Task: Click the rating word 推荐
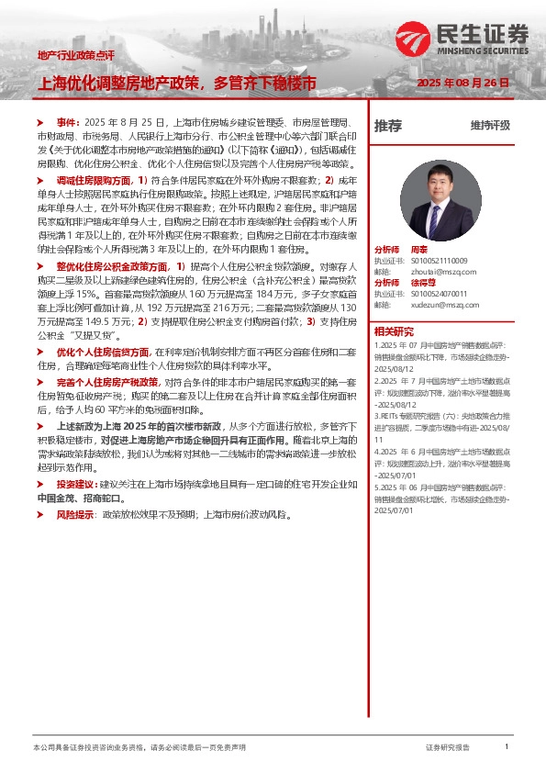coord(387,126)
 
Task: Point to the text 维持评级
coord(490,126)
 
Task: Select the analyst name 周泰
coord(420,250)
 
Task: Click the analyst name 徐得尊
coord(424,282)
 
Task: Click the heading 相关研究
coord(394,331)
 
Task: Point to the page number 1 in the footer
coord(507,747)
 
